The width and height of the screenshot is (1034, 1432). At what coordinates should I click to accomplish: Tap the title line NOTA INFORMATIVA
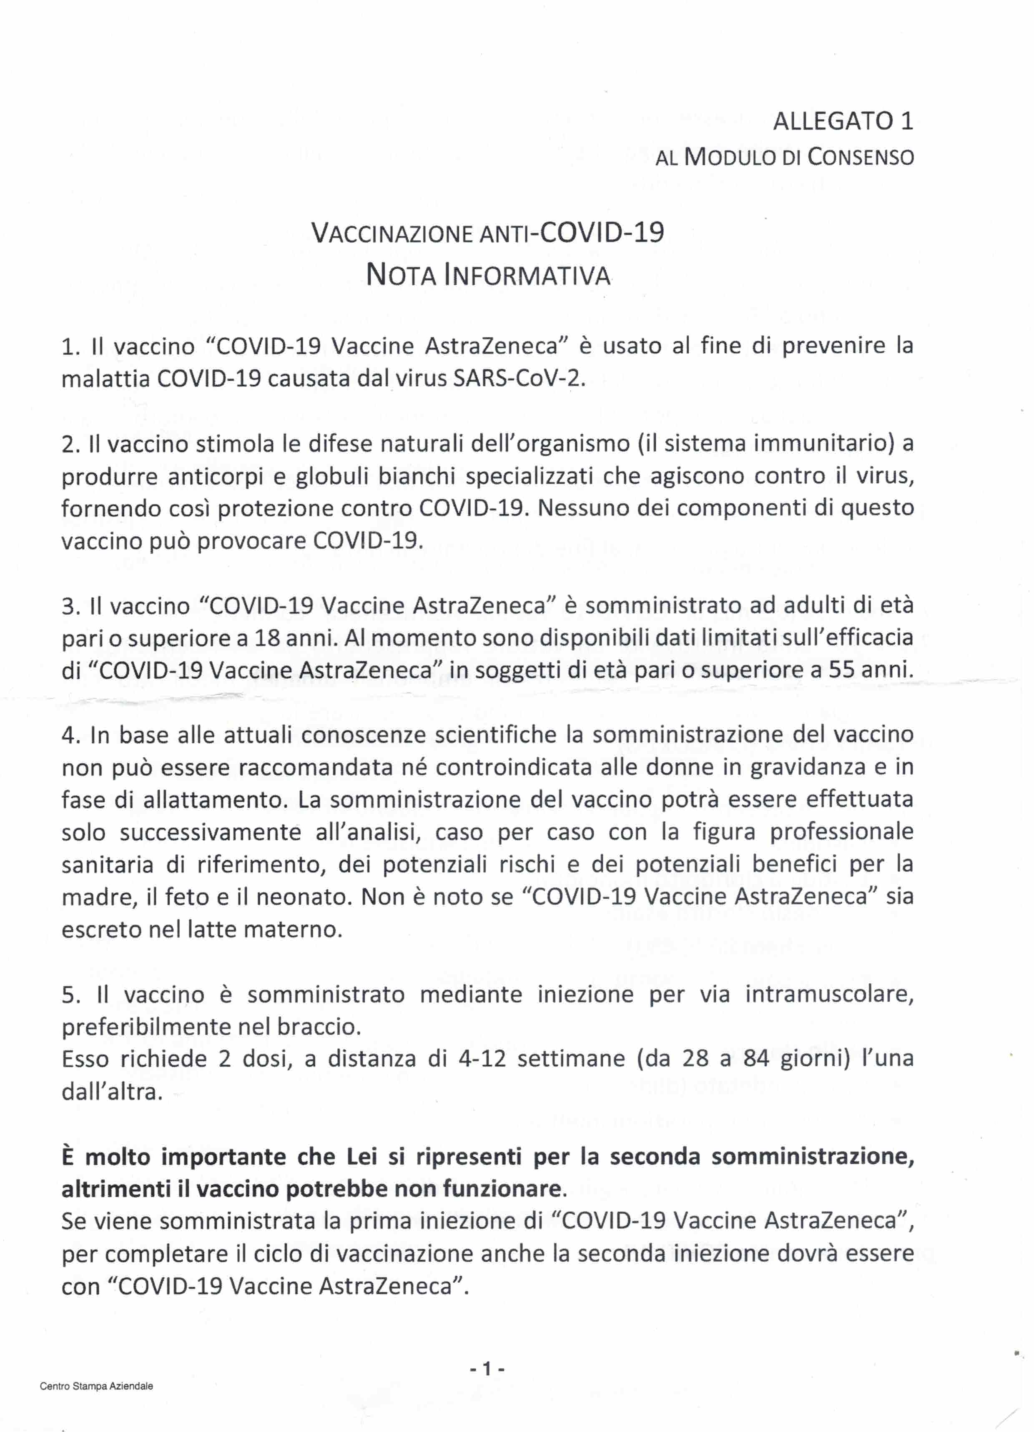pos(488,275)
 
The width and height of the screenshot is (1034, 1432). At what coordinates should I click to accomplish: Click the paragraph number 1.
pos(68,347)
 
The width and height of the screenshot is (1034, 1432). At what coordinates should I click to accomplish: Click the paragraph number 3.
pos(69,606)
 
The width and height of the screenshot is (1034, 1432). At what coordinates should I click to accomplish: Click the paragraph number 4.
pos(69,735)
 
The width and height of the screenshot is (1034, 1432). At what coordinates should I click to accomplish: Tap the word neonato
pos(300,897)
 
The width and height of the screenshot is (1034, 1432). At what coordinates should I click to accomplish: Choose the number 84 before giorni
pos(756,1059)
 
